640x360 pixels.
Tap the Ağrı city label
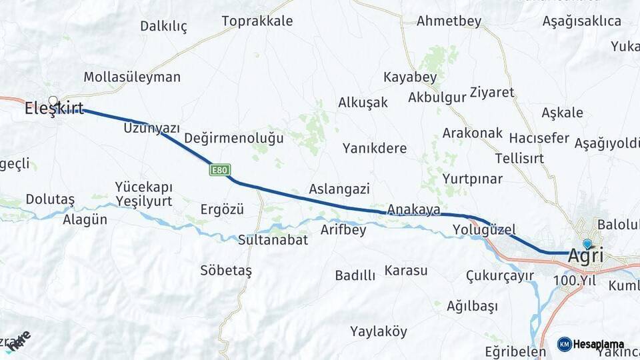[x=586, y=256]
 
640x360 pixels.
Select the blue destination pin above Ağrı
[x=587, y=245]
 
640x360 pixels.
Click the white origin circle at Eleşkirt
[x=53, y=101]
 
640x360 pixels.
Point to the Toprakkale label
[x=257, y=21]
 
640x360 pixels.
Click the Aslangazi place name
[x=339, y=189]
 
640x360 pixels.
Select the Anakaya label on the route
[x=413, y=209]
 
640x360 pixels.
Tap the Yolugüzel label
[x=484, y=230]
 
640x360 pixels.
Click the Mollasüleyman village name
[x=132, y=77]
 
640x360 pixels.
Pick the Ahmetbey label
[x=449, y=21]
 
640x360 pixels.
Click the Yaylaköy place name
[x=379, y=331]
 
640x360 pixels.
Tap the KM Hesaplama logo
[x=591, y=344]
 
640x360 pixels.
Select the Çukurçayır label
[x=499, y=275]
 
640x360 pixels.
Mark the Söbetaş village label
[x=226, y=271]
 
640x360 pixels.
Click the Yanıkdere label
[x=375, y=148]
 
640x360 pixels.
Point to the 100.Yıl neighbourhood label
[x=574, y=281]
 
